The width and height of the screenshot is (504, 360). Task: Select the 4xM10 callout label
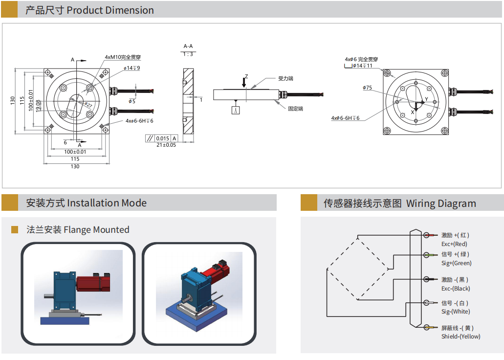pyautogui.click(x=123, y=57)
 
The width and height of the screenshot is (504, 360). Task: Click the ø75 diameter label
pyautogui.click(x=367, y=88)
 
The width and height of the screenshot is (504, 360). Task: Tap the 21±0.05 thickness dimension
pyautogui.click(x=166, y=145)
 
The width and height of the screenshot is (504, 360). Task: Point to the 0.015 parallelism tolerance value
pyautogui.click(x=163, y=138)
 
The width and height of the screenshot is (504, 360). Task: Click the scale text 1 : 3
pyautogui.click(x=188, y=54)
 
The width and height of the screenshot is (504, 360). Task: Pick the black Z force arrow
pyautogui.click(x=244, y=83)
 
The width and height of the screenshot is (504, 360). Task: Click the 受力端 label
pyautogui.click(x=285, y=78)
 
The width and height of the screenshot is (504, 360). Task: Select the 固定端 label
pyautogui.click(x=295, y=109)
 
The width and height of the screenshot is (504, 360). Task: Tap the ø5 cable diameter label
pyautogui.click(x=132, y=101)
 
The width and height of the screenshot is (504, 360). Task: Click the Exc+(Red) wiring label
pyautogui.click(x=454, y=244)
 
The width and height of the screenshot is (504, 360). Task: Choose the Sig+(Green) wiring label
pyautogui.click(x=456, y=263)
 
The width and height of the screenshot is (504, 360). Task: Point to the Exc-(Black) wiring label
pyautogui.click(x=456, y=289)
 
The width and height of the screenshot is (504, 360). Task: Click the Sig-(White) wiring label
pyautogui.click(x=456, y=312)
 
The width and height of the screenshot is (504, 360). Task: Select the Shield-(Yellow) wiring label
pyautogui.click(x=460, y=336)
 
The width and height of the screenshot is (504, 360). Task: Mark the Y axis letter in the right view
pyautogui.click(x=426, y=99)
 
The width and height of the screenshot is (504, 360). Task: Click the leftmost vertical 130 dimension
pyautogui.click(x=12, y=100)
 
